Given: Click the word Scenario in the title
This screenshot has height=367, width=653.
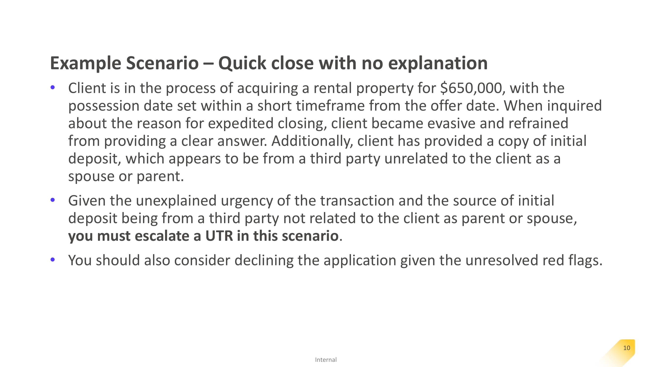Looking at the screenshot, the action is (162, 63).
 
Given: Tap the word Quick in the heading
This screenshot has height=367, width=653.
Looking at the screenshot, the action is (242, 63).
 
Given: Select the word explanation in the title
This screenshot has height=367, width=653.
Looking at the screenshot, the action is (438, 63).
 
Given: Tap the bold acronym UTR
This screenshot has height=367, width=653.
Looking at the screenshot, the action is (219, 236).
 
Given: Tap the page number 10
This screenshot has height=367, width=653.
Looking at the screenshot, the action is (627, 348).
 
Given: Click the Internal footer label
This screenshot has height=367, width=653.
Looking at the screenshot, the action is (326, 360).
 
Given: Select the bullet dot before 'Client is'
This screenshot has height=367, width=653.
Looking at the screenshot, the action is (53, 88).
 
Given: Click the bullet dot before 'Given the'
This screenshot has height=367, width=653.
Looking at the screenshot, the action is (53, 200).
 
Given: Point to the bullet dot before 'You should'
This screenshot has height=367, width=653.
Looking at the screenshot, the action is (53, 260).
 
